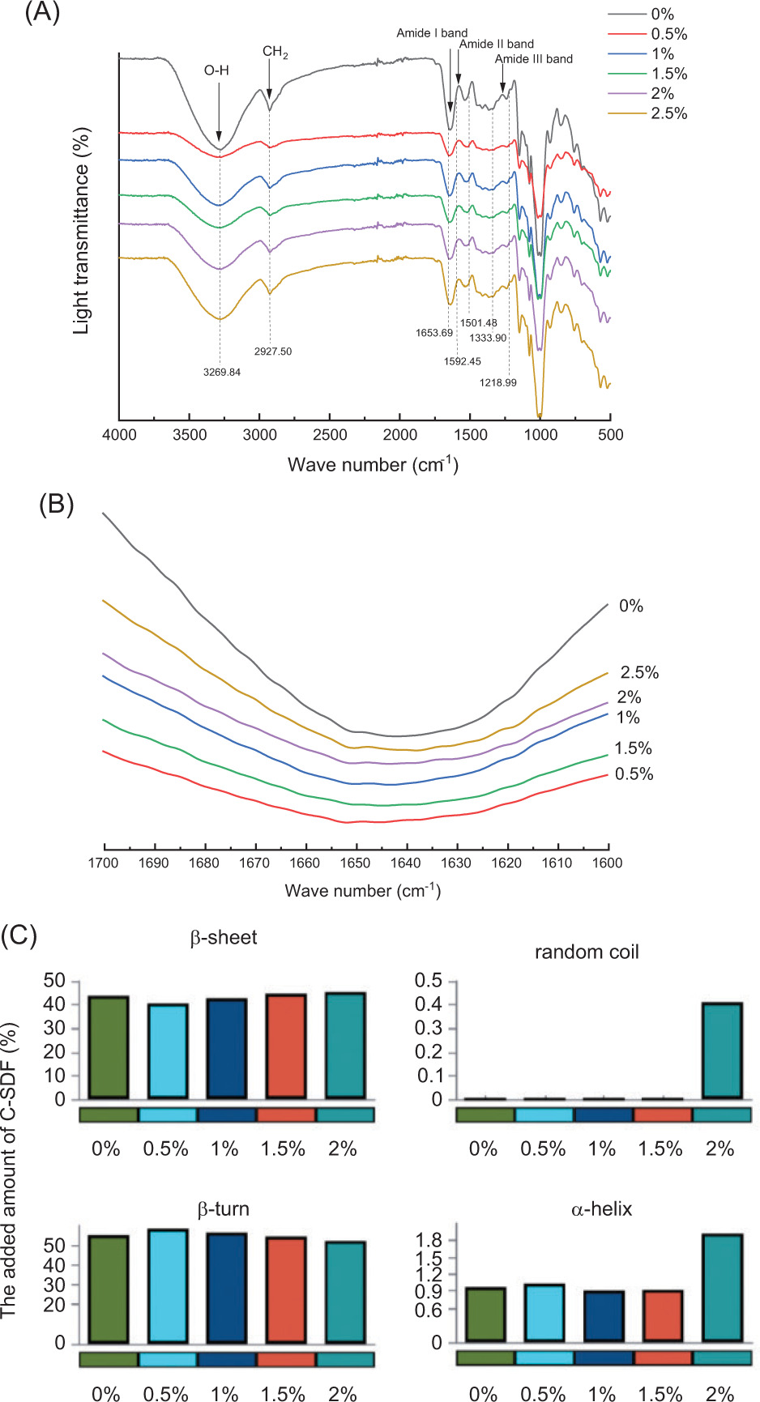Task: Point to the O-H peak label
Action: tap(216, 70)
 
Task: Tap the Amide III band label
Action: tap(534, 59)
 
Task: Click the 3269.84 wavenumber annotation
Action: tap(221, 373)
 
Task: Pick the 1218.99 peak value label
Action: tap(497, 382)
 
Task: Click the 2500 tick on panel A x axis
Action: tap(330, 435)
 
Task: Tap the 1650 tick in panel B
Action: tap(356, 863)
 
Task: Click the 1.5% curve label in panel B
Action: tap(633, 748)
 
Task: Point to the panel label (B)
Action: tap(57, 505)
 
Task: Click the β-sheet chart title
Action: tap(224, 938)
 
